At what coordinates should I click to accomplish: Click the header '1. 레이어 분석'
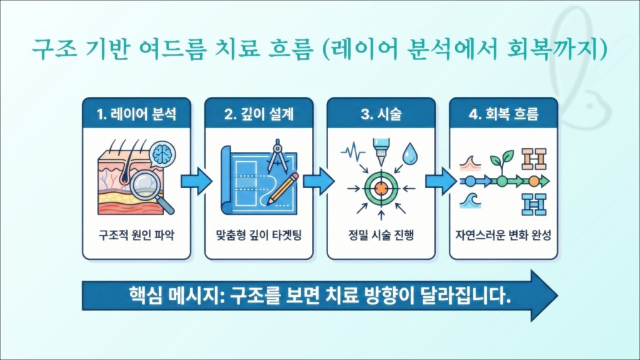pos(136,115)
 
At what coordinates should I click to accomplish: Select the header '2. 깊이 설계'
pos(259,115)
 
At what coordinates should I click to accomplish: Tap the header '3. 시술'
pos(381,115)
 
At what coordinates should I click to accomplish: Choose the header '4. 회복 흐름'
pos(504,115)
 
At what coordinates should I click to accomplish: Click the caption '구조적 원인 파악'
pos(136,236)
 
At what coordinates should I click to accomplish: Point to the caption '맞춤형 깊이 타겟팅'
pos(259,236)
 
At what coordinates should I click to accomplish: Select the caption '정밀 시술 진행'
pos(381,236)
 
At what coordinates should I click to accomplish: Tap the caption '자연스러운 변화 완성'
pos(504,236)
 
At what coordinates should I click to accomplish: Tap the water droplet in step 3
pos(409,153)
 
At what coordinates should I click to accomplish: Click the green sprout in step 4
pos(501,162)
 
